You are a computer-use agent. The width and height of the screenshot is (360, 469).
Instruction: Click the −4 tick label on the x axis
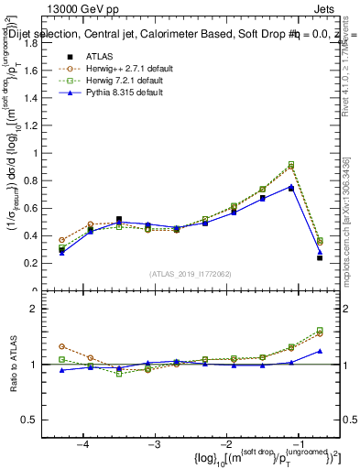[x=82, y=444]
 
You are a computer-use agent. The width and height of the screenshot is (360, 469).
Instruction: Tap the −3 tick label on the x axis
[x=155, y=444]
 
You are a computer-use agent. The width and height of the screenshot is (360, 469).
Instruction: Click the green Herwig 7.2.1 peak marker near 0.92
[x=291, y=164]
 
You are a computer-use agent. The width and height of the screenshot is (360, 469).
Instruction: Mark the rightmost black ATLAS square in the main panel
[x=320, y=257]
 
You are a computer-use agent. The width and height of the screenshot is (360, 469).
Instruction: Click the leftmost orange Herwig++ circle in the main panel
[x=61, y=240]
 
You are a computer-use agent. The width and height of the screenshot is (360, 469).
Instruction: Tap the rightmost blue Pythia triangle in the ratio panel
[x=320, y=351]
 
